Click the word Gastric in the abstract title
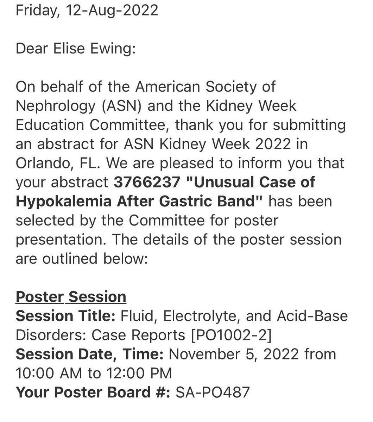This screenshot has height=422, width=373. [x=181, y=201]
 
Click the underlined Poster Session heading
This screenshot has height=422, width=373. [x=71, y=296]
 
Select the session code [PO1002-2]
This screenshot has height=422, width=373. [x=230, y=334]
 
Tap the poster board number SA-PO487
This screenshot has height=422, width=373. [x=210, y=392]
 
